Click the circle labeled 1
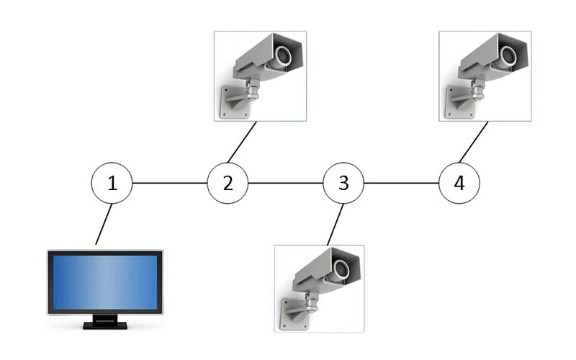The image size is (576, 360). (x=112, y=183)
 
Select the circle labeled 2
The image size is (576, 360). (x=228, y=183)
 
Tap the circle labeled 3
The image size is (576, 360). (x=343, y=183)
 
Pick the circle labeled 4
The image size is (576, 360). (x=459, y=183)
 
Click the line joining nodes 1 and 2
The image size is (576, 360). (x=170, y=183)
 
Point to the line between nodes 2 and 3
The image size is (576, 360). (x=285, y=183)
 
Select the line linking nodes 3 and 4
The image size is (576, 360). (x=401, y=183)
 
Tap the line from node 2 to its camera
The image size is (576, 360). (x=243, y=142)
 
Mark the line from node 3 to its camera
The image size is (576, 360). (x=333, y=224)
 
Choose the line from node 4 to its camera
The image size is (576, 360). (x=474, y=142)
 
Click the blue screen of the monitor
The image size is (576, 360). (x=105, y=282)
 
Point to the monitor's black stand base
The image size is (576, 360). (x=105, y=325)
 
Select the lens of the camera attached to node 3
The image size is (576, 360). (x=343, y=269)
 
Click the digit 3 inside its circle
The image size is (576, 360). (x=343, y=183)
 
